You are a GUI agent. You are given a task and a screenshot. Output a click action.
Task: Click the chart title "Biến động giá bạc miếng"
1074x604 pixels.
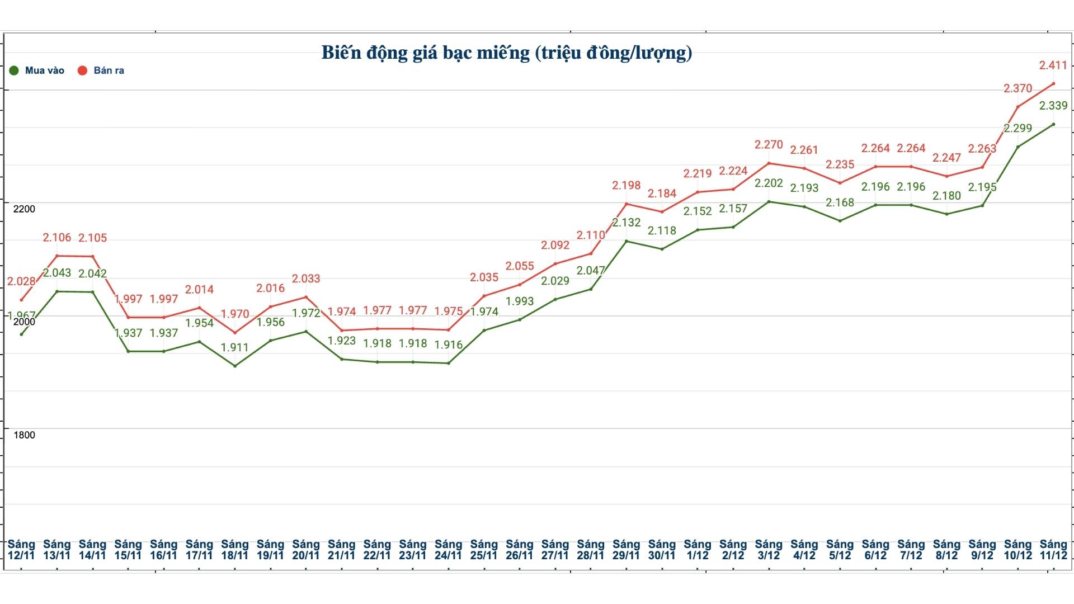(x=506, y=53)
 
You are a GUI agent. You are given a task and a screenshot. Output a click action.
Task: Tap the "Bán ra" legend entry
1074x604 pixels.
(x=101, y=70)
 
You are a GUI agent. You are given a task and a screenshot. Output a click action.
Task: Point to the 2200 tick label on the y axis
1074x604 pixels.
(x=24, y=209)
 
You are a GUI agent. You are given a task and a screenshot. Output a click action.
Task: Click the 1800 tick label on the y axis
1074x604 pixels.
(x=24, y=435)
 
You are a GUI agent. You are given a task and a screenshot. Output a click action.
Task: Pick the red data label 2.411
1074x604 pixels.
(x=1053, y=65)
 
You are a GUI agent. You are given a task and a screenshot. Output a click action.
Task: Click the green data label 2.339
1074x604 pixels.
(x=1053, y=106)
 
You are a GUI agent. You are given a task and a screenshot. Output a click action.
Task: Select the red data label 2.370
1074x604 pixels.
(x=1018, y=88)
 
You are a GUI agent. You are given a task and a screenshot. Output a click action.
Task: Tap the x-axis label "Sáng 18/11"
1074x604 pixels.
(x=234, y=550)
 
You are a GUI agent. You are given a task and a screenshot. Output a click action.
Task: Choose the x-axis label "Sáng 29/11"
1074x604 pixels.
(x=626, y=550)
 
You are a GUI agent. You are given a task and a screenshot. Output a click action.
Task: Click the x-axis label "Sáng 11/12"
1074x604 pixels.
(x=1053, y=550)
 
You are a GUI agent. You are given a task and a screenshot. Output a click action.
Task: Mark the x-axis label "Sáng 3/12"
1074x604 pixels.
(x=769, y=550)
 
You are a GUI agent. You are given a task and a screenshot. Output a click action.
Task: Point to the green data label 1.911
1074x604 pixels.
(x=234, y=347)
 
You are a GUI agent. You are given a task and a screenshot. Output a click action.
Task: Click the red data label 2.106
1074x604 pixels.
(x=57, y=238)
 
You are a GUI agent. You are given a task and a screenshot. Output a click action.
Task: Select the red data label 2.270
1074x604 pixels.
(x=769, y=145)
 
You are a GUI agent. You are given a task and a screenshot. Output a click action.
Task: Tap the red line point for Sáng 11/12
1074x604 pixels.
(x=1053, y=84)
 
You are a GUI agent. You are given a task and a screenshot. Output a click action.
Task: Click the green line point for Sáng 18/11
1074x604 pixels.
(x=235, y=366)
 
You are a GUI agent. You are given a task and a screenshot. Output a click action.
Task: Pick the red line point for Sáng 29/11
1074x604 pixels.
(x=626, y=204)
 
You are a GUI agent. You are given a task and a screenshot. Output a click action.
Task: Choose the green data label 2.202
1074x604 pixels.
(x=769, y=183)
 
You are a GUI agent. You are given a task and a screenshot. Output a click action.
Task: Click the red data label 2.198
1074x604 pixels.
(x=626, y=185)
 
